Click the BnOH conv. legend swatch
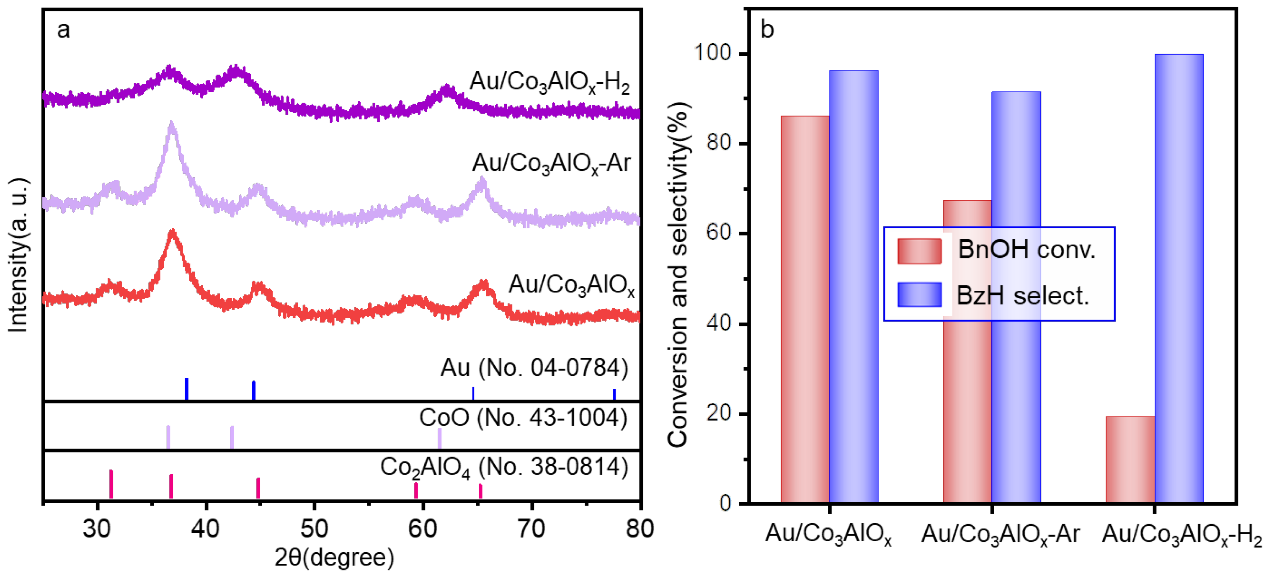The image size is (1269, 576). pyautogui.click(x=919, y=251)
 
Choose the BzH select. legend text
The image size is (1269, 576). pyautogui.click(x=1022, y=296)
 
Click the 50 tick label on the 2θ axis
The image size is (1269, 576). pyautogui.click(x=314, y=529)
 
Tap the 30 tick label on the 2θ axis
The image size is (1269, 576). pyautogui.click(x=97, y=529)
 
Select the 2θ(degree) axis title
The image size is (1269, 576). pyautogui.click(x=334, y=557)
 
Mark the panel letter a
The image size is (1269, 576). pyautogui.click(x=63, y=30)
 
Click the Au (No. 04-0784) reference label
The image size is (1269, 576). pyautogui.click(x=534, y=367)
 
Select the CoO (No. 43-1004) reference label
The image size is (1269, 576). pyautogui.click(x=523, y=418)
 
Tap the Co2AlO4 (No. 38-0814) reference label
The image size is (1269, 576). pyautogui.click(x=503, y=467)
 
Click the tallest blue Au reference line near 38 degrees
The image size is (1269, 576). pyautogui.click(x=186, y=389)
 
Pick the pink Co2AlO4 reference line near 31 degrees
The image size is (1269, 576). pyautogui.click(x=111, y=484)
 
